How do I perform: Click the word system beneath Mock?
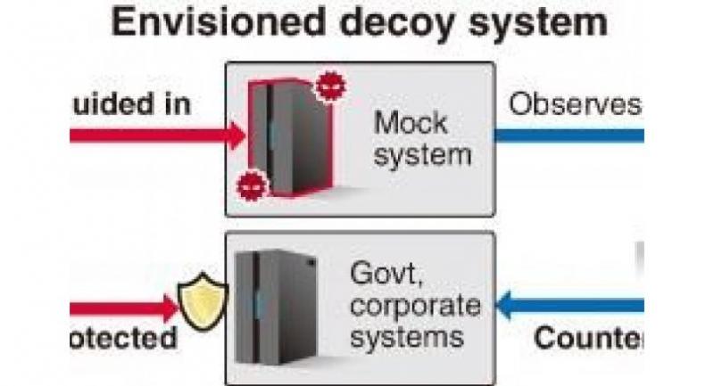421,155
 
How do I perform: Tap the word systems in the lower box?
407,337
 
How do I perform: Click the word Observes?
575,104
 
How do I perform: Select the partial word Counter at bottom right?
588,340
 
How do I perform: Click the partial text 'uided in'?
129,103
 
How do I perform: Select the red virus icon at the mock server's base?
248,186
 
